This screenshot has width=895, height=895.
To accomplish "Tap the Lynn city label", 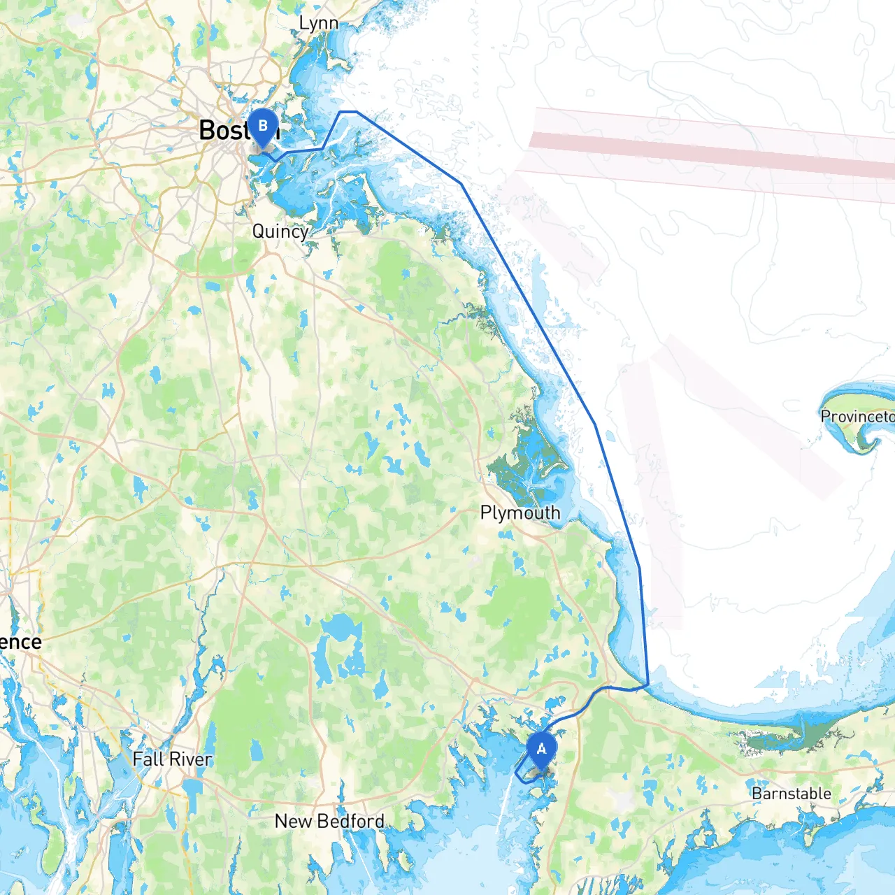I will click(x=318, y=24).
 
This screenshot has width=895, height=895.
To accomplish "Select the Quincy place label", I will click(x=280, y=231).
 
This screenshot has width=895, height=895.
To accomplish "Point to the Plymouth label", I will click(x=520, y=513).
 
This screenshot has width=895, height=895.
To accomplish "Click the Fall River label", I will click(x=172, y=759).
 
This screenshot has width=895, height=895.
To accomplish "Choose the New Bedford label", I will click(x=329, y=821).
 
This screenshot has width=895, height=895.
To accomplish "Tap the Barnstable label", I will click(x=792, y=794).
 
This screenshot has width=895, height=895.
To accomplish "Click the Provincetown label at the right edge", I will click(x=857, y=417).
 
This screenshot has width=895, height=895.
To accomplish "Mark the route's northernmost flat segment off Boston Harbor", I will click(x=348, y=112).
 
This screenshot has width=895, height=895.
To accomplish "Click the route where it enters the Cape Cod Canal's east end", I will click(x=647, y=685).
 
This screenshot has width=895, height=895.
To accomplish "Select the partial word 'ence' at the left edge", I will click(x=21, y=642).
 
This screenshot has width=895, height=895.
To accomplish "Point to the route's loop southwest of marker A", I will click(x=523, y=775).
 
